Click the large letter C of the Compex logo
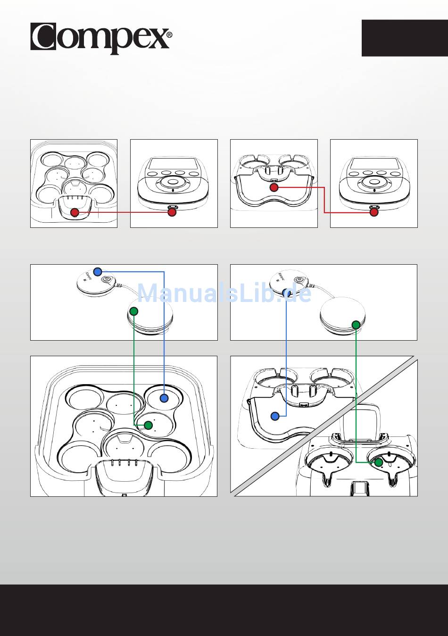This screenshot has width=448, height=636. coord(43,37)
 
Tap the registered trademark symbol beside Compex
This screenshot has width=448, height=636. coord(169,35)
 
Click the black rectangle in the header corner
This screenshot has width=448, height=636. coord(405,38)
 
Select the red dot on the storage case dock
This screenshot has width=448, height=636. coord(75,212)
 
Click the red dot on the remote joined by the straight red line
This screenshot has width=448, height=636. coord(172,212)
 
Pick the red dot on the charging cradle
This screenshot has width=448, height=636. coord(274,187)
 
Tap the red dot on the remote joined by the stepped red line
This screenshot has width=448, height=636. coord(374,212)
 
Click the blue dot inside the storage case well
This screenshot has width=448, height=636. coord(164,398)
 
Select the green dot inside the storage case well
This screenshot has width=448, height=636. coord(148,425)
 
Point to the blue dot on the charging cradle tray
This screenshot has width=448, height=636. coord(275,416)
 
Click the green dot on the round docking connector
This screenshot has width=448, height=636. coord(379,462)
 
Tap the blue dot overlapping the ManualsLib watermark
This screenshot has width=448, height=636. coord(287,293)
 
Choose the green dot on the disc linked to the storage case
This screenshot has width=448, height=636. coord(133,311)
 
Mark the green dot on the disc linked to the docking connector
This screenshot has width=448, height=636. coord(356,324)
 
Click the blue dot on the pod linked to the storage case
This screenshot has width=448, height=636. coord(98,271)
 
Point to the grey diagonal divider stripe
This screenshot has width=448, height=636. coord(324,426)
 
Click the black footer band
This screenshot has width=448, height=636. coord(224,610)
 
